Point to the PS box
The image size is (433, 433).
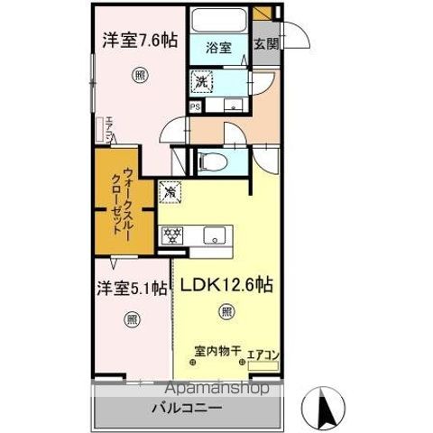[x=195, y=106]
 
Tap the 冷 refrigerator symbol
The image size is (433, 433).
[x=170, y=191]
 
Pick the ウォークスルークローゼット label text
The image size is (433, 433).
[x=125, y=203]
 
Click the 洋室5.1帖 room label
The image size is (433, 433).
[x=132, y=288]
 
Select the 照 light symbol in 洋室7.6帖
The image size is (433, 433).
[x=139, y=75]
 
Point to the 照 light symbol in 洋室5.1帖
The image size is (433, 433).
[x=132, y=318]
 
